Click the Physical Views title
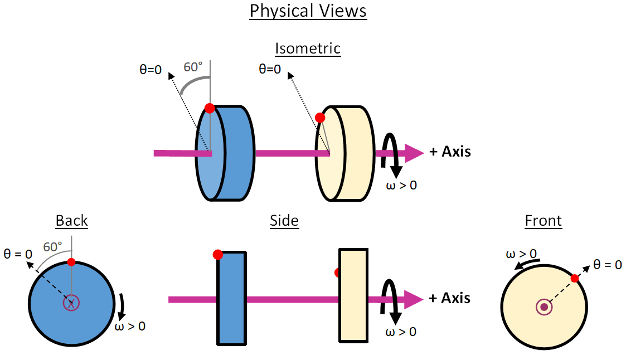(308, 11)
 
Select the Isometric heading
(308, 48)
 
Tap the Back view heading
(72, 221)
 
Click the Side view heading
(284, 221)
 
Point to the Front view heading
(543, 221)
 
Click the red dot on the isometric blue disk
(210, 108)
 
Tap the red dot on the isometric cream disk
(320, 118)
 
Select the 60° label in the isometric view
(193, 67)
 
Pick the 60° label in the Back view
(53, 247)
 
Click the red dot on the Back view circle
(71, 262)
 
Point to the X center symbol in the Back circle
(71, 303)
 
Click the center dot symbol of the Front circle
(543, 307)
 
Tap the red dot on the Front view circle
(575, 278)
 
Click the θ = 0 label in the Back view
(17, 254)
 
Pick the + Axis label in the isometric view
(450, 152)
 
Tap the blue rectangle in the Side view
(231, 298)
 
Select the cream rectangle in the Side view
(353, 295)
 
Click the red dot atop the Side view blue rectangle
(218, 255)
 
